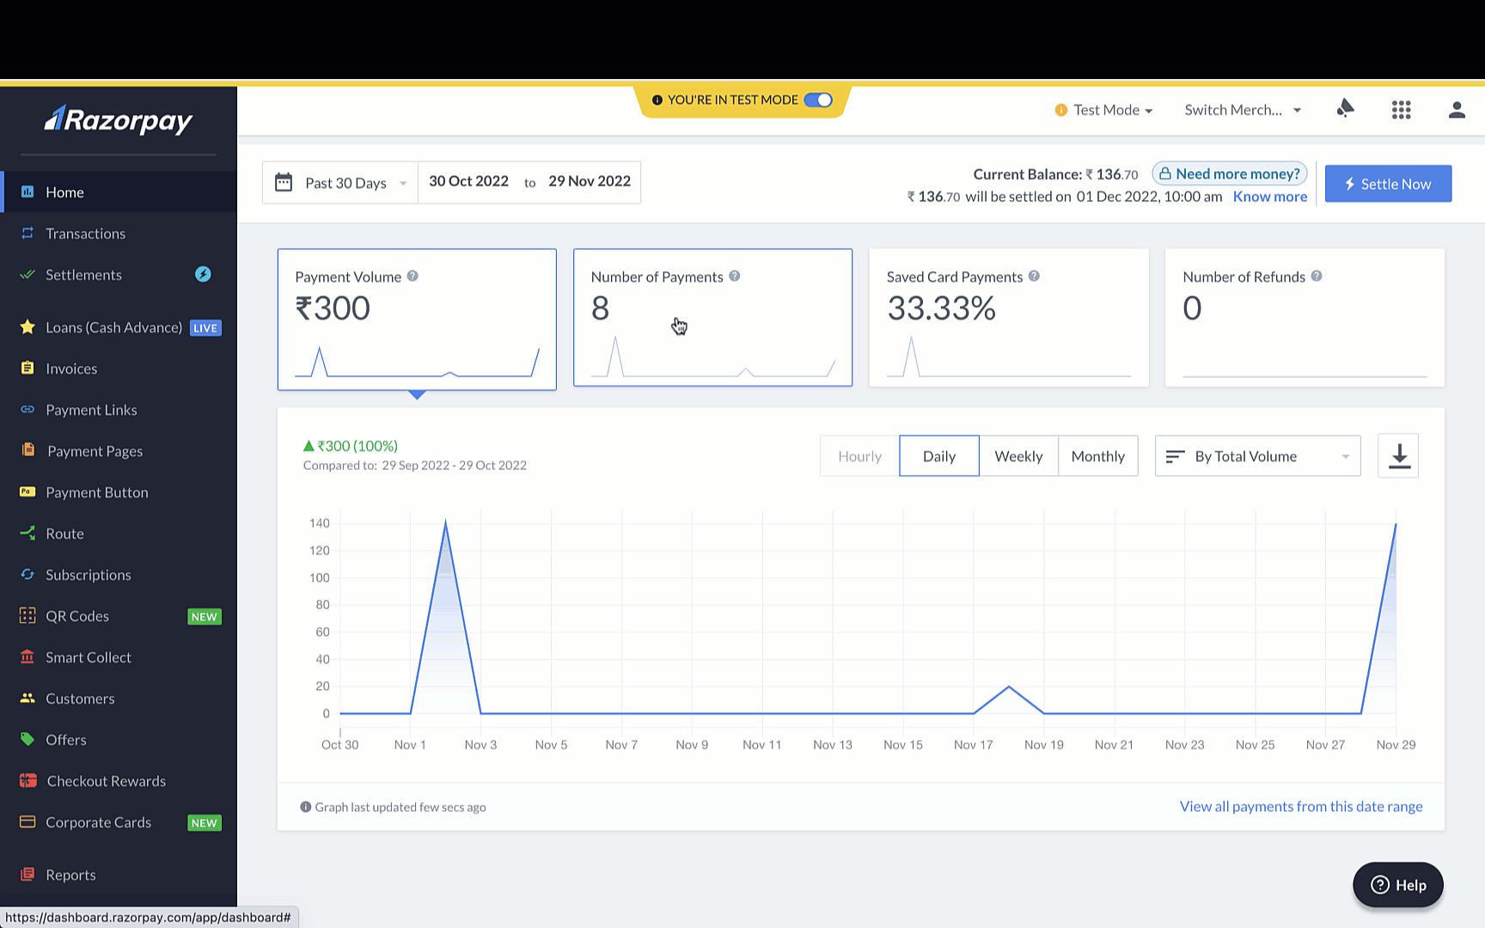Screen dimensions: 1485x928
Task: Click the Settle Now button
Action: click(1388, 184)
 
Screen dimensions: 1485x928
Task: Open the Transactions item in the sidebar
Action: click(85, 234)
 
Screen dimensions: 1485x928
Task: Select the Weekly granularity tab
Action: click(1018, 456)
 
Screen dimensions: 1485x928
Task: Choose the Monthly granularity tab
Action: click(1098, 456)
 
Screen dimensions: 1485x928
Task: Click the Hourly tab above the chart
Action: click(859, 456)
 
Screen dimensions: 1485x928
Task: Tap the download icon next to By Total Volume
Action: click(1398, 455)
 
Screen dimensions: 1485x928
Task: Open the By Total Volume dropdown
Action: click(1257, 456)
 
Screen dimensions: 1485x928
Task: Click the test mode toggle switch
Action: click(818, 100)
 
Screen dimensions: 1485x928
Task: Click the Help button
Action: click(1398, 885)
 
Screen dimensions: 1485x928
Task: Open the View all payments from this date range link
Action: click(1301, 806)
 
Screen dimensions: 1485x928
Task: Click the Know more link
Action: click(1270, 197)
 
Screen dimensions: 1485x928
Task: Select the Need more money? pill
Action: click(1230, 174)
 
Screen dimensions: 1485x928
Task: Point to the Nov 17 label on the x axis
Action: click(974, 745)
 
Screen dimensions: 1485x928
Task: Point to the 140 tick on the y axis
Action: click(320, 523)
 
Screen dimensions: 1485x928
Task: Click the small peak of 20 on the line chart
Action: click(1009, 687)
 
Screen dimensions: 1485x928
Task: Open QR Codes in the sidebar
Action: click(77, 616)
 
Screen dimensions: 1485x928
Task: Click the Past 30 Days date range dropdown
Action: click(340, 183)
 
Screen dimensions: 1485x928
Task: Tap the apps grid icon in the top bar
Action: click(1402, 110)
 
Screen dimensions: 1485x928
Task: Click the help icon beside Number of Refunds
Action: click(1317, 276)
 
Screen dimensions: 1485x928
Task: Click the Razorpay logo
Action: click(119, 120)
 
